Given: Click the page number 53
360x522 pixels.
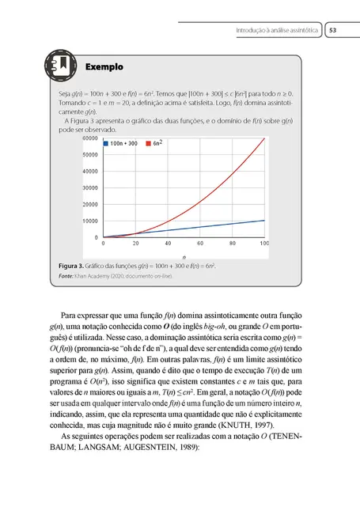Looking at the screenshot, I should click(x=333, y=31).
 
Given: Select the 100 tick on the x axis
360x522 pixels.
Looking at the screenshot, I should click(x=264, y=244).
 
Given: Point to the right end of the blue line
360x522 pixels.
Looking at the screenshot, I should click(x=264, y=220).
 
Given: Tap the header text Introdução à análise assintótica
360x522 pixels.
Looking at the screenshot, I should click(x=277, y=31).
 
